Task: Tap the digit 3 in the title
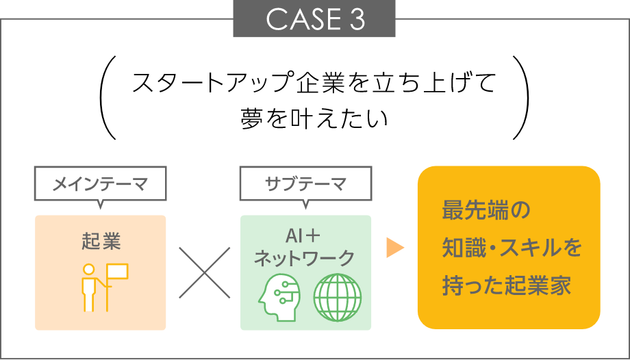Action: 357,20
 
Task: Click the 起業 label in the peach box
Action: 101,242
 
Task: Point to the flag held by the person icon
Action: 118,271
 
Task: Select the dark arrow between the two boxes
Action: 204,272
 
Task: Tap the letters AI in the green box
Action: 293,237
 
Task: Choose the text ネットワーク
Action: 304,259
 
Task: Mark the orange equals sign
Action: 401,246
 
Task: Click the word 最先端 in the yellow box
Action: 475,210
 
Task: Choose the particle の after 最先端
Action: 520,210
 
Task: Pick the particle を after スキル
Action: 573,247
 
